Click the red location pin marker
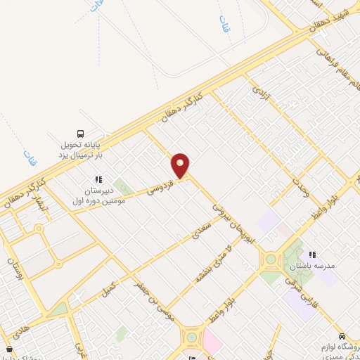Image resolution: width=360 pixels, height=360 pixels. pyautogui.click(x=181, y=165)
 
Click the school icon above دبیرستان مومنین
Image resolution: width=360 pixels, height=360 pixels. pyautogui.click(x=98, y=179)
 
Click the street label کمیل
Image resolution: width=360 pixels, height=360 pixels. pyautogui.click(x=109, y=288)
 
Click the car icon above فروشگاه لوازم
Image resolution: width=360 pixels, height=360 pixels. pyautogui.click(x=342, y=336)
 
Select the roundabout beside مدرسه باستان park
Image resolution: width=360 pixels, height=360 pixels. pyautogui.click(x=269, y=259)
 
